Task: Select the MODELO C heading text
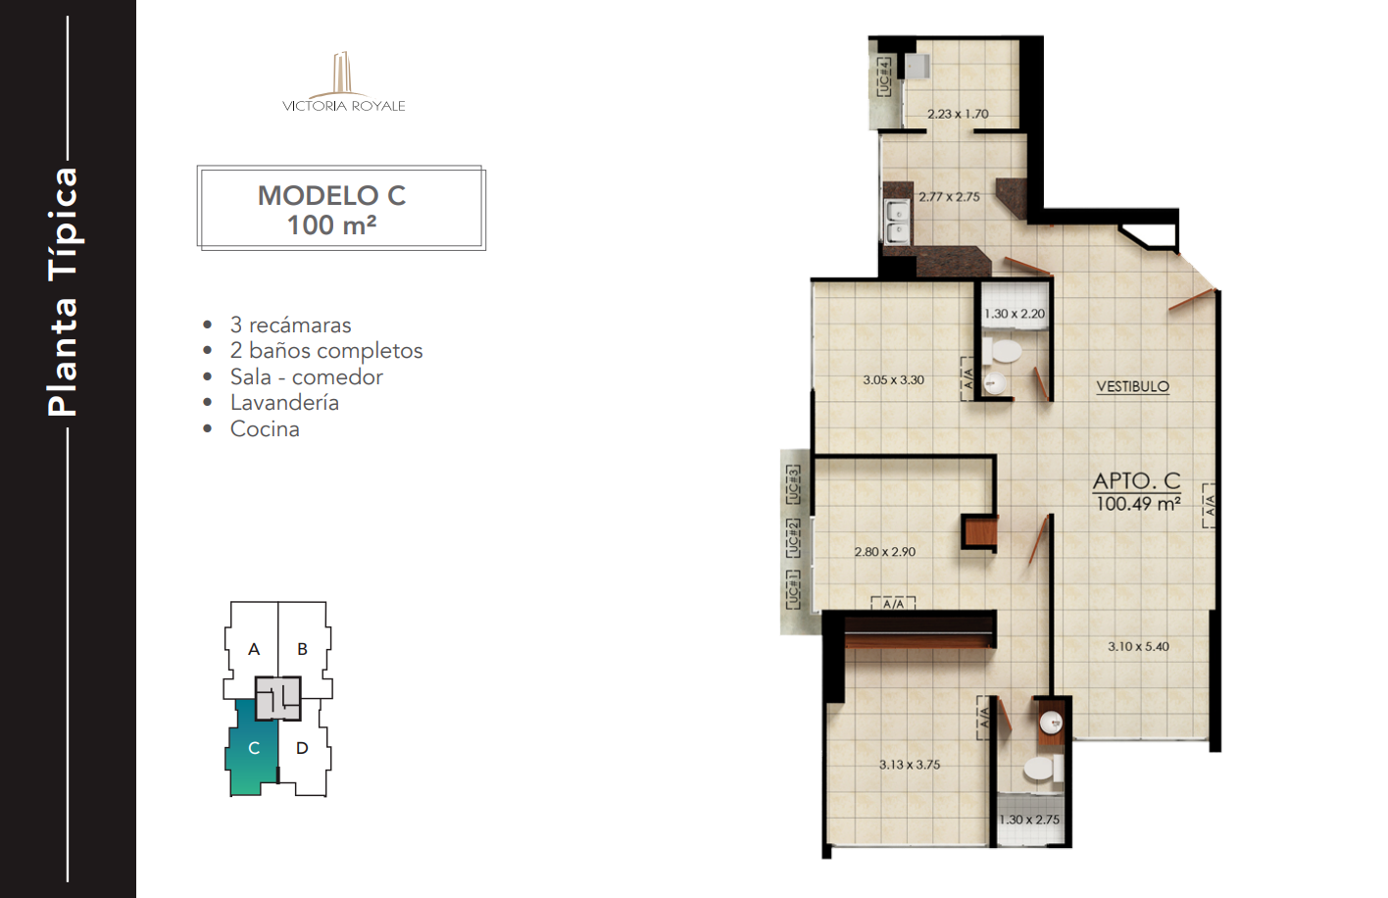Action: [x=331, y=196]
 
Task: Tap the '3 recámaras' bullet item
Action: [x=290, y=324]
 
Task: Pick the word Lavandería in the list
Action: [x=284, y=403]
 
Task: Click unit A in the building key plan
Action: [x=254, y=649]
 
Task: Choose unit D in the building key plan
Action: [x=302, y=748]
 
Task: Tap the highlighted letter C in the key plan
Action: [x=254, y=748]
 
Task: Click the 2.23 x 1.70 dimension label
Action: [x=958, y=114]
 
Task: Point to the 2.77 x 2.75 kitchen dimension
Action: [x=949, y=197]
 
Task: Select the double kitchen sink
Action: [x=897, y=222]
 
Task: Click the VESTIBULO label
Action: [x=1133, y=386]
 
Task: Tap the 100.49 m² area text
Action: [x=1138, y=504]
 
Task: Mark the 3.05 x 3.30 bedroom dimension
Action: [x=894, y=380]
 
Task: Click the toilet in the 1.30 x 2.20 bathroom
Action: [x=1001, y=352]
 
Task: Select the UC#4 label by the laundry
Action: [x=884, y=76]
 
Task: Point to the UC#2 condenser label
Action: [x=793, y=538]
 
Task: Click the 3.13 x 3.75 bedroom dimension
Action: [x=910, y=765]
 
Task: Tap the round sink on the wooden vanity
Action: [x=1051, y=722]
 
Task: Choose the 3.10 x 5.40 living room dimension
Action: [x=1138, y=646]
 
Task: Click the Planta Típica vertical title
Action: [x=63, y=292]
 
